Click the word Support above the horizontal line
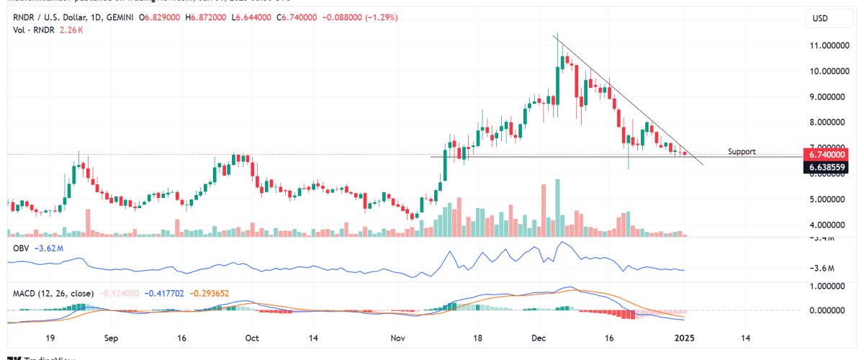(x=742, y=152)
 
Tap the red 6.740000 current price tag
(x=827, y=155)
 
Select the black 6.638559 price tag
(x=827, y=167)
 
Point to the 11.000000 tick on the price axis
(x=828, y=45)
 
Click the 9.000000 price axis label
(x=828, y=96)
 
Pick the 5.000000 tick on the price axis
(x=828, y=199)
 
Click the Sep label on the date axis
(x=111, y=337)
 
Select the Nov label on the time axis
(x=398, y=337)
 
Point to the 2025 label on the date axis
(x=683, y=337)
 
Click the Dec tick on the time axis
(x=540, y=337)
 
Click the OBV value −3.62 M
(x=51, y=248)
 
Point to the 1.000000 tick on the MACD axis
(x=828, y=286)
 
